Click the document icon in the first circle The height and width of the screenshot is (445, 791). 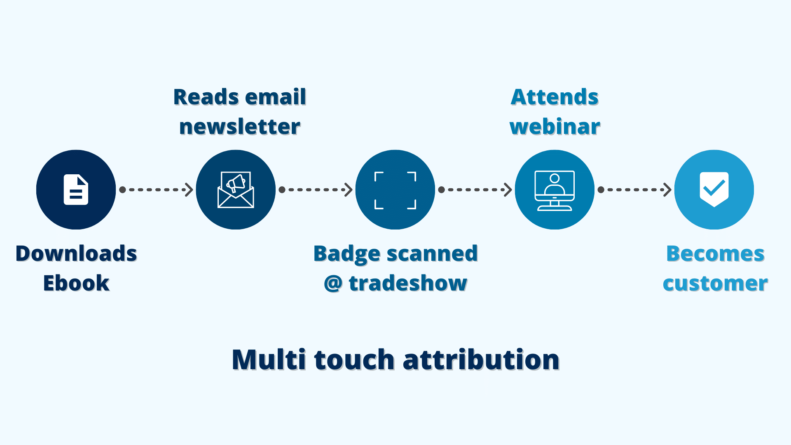click(76, 190)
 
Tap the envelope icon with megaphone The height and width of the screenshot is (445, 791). click(236, 190)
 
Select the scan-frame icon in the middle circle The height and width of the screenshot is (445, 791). click(395, 190)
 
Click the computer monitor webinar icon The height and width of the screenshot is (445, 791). click(555, 190)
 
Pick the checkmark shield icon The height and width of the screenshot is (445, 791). click(714, 189)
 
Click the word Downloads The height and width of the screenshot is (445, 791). click(76, 253)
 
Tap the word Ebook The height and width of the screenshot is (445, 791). click(76, 283)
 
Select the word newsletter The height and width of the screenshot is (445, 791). click(240, 126)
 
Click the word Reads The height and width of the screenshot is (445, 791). click(205, 97)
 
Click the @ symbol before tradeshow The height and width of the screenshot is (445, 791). click(333, 283)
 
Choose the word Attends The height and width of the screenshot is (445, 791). click(555, 97)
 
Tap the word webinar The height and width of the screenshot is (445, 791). click(555, 126)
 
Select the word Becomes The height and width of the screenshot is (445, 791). click(715, 253)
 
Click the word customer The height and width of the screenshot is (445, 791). click(715, 283)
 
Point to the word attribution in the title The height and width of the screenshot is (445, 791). click(481, 359)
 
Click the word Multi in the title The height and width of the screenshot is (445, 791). click(269, 359)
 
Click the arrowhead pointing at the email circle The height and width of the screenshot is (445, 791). click(189, 190)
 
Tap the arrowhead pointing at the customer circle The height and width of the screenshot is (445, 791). click(667, 190)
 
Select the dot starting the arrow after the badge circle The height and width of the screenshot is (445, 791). click(441, 190)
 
